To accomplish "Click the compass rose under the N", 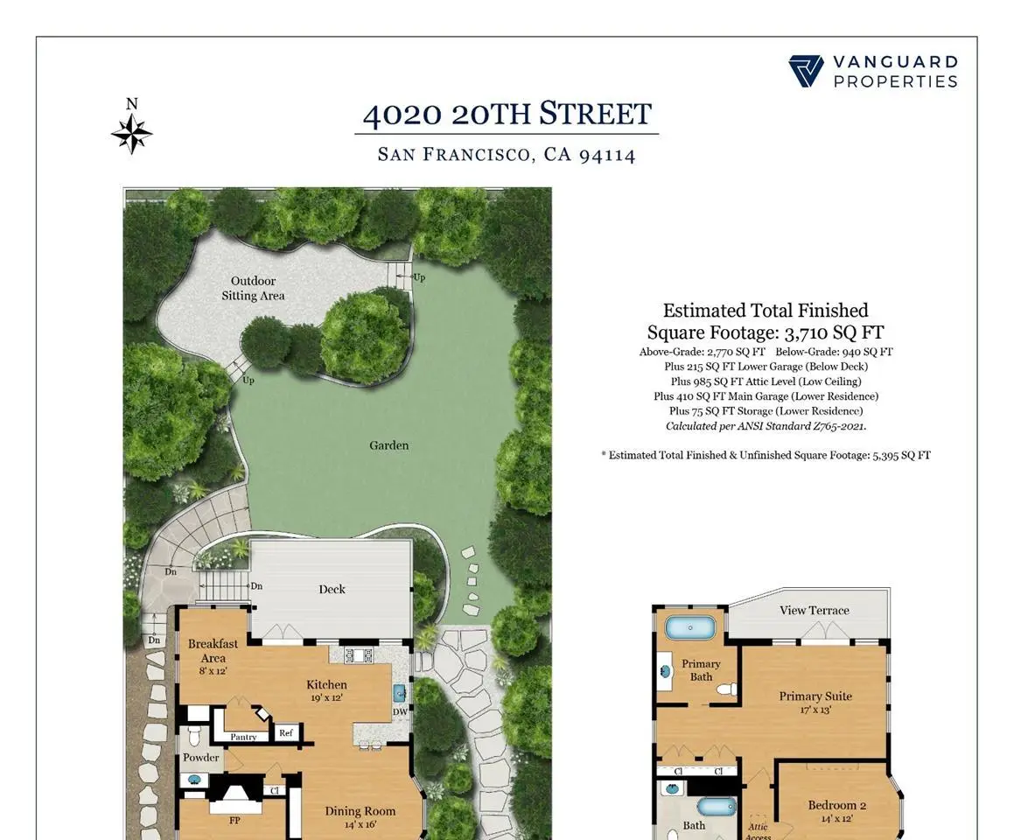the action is coord(132,135).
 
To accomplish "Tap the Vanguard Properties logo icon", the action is coord(806,71).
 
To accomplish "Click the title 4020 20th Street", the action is coord(507,114).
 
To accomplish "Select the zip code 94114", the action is coord(607,155).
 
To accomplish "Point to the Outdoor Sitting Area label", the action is coord(253,289).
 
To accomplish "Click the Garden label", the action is coord(388,445).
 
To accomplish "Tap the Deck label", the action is coord(332,589).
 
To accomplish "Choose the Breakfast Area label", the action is coord(213,650).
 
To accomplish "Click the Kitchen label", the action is coord(326,684).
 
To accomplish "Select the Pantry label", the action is coord(244,737).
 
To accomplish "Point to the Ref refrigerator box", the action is coord(286,732).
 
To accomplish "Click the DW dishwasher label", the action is coord(401,712).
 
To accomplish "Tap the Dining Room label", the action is coord(360,811).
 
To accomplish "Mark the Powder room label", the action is coord(200,757).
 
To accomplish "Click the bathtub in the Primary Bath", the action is coord(690,628).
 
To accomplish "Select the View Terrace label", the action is coord(815,610).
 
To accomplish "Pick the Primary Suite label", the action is coord(815,696).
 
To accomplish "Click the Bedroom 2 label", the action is coord(836,805).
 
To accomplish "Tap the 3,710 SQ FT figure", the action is coord(835,332).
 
